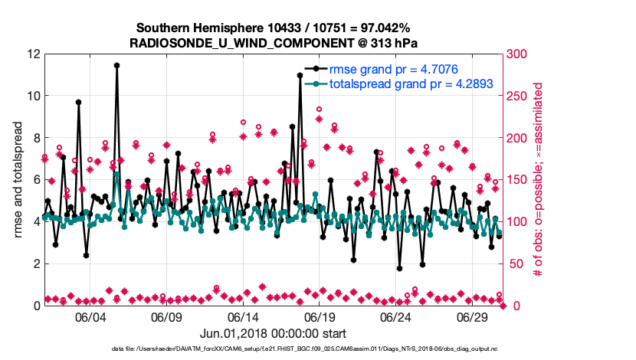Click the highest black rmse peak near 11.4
116,66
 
